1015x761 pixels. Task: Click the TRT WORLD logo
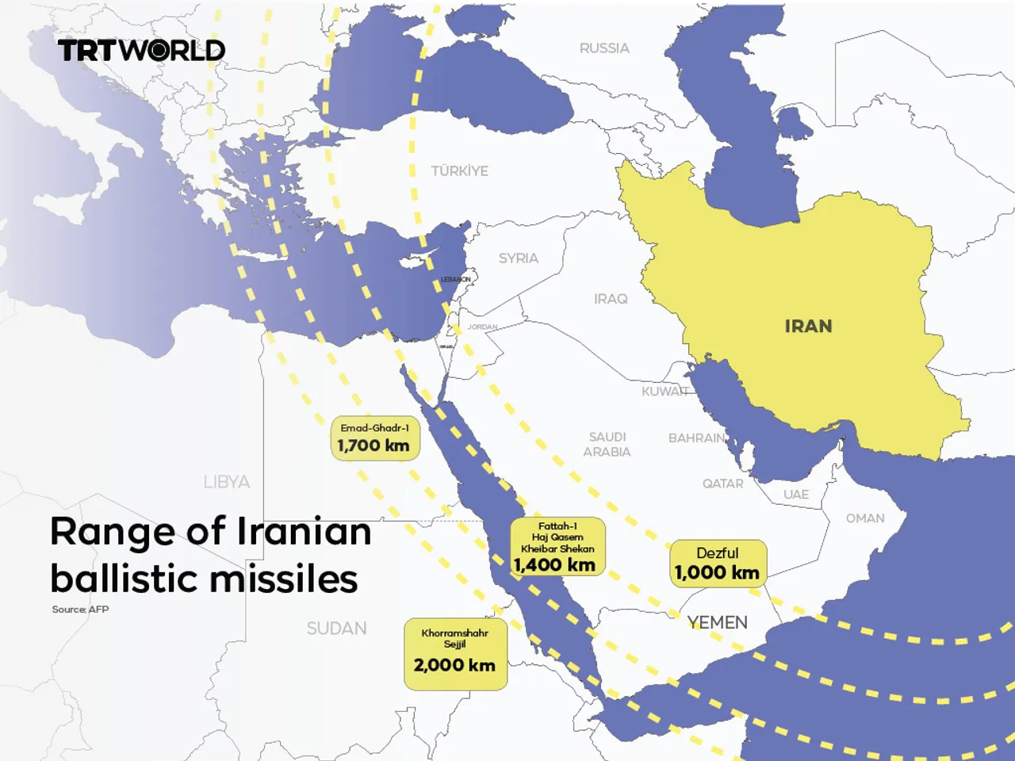click(141, 51)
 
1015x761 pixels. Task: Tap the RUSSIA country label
click(604, 48)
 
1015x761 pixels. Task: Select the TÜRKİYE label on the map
click(459, 171)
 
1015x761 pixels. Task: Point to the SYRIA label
click(519, 258)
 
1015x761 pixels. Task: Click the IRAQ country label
click(611, 299)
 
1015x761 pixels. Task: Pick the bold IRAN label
click(808, 326)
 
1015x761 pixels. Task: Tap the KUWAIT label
click(665, 391)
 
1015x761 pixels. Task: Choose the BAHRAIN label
click(696, 438)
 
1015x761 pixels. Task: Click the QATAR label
click(722, 484)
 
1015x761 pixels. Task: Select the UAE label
click(796, 495)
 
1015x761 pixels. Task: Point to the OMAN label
click(865, 518)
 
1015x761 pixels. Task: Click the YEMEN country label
click(718, 622)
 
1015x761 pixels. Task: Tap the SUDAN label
click(336, 629)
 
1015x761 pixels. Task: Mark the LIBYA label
click(227, 482)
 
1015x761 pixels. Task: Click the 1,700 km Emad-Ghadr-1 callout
click(374, 438)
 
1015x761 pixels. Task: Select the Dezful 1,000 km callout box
click(718, 564)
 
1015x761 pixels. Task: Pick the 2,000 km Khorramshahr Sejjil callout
click(455, 654)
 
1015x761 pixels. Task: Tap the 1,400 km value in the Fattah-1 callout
click(554, 565)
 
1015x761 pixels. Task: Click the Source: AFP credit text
click(80, 610)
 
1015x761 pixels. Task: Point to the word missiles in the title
click(284, 579)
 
